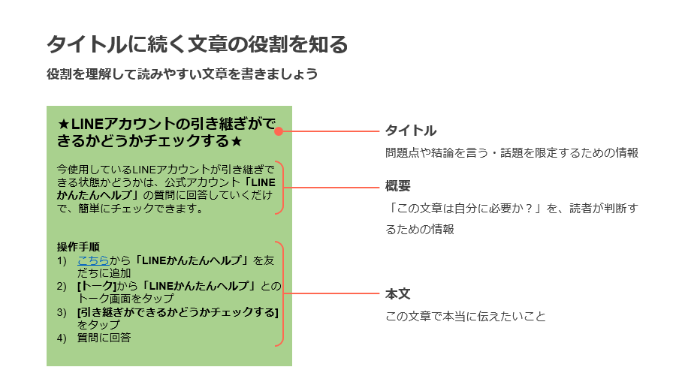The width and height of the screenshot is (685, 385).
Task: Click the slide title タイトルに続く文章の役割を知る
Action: [197, 44]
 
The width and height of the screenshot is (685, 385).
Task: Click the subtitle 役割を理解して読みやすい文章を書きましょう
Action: [183, 74]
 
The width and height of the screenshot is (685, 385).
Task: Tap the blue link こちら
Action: [93, 260]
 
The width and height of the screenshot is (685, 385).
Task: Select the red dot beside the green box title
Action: [279, 131]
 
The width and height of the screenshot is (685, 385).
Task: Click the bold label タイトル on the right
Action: [411, 130]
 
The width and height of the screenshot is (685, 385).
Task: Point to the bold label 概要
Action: [397, 186]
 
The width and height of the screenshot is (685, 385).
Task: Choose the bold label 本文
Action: [397, 293]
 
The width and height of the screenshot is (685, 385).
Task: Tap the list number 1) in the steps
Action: [62, 261]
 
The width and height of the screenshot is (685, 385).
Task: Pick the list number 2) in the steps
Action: [62, 287]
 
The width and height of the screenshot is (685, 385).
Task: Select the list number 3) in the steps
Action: [62, 312]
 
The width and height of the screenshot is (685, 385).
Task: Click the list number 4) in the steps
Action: [62, 338]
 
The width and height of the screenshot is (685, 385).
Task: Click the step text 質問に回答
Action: [104, 338]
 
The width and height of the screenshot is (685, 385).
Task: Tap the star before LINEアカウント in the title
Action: [63, 125]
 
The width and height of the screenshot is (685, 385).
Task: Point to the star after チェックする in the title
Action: [237, 141]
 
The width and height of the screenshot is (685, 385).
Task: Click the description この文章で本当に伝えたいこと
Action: [465, 316]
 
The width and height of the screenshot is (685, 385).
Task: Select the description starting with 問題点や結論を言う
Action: [511, 153]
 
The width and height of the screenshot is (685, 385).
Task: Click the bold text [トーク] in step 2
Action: [97, 286]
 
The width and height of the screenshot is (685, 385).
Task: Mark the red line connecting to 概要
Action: [331, 188]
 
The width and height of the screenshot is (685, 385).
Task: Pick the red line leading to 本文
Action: [331, 293]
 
